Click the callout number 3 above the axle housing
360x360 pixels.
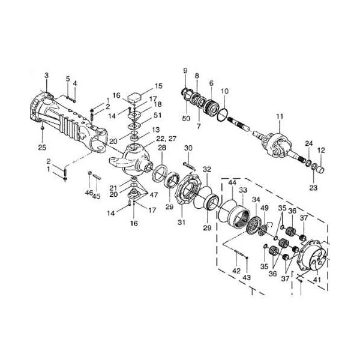47,76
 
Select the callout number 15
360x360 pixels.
158,86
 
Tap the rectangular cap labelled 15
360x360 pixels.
134,97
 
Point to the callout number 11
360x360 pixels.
280,116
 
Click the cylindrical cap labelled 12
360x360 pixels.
320,170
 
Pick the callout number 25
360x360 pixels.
42,147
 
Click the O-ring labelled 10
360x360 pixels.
223,115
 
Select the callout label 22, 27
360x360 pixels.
166,139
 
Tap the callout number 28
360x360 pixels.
162,148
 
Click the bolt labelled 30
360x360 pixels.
189,166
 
